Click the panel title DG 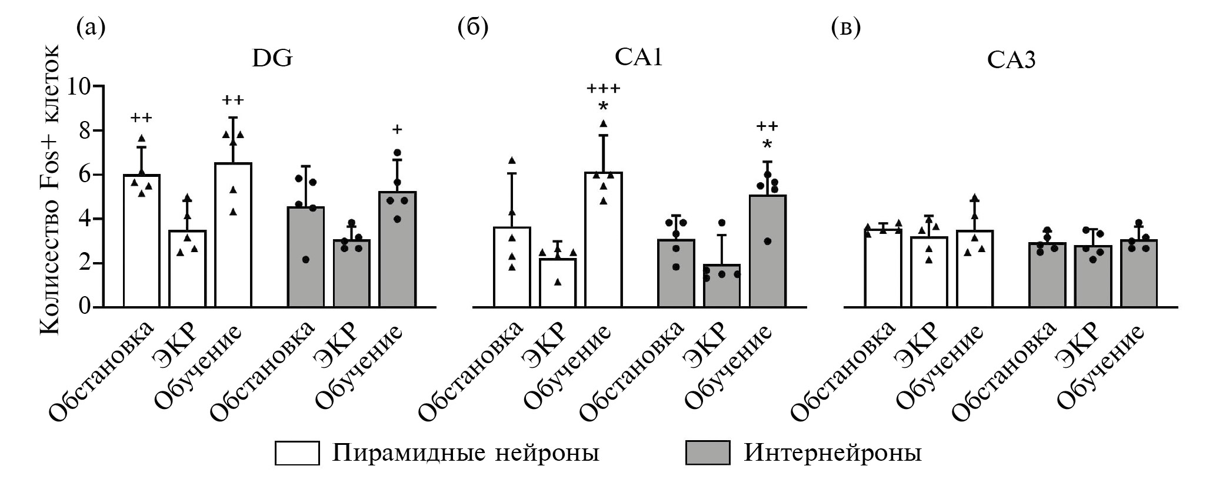pos(271,59)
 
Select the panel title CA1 pos(638,59)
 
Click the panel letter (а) pos(91,28)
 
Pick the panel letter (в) pos(846,28)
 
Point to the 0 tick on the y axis pos(86,307)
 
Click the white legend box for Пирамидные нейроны pos(297,453)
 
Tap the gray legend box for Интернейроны pos(707,453)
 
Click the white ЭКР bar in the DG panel pos(188,270)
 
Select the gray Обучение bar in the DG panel pos(397,250)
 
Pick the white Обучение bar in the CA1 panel pos(603,241)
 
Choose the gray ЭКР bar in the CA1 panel pos(722,286)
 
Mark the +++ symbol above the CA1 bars pos(603,89)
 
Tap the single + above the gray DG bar pos(397,129)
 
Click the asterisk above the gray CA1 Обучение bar pos(767,145)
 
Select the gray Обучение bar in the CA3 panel pos(1138,274)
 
